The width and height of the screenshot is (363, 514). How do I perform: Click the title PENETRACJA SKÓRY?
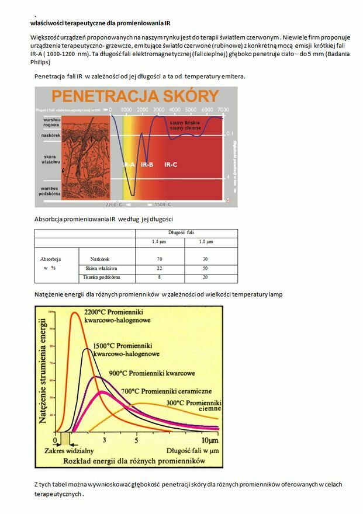(x=136, y=96)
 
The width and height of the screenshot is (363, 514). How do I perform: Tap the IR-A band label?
(x=129, y=165)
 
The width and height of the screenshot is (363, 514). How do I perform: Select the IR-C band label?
(x=171, y=165)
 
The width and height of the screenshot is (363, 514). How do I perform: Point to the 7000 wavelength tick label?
(x=222, y=110)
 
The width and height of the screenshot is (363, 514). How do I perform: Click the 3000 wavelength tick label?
(x=158, y=110)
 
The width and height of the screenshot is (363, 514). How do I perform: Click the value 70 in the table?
(x=159, y=258)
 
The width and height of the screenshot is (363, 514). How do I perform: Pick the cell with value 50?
(x=204, y=268)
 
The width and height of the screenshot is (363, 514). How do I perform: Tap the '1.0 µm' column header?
(x=205, y=242)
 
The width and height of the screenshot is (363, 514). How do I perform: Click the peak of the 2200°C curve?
(x=74, y=313)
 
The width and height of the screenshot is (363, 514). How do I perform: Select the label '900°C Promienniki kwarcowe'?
(x=152, y=373)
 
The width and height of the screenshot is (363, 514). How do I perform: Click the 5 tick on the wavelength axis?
(x=137, y=439)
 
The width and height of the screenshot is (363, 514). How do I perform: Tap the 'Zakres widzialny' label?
(x=68, y=451)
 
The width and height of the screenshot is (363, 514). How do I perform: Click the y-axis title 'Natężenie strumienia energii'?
(x=43, y=370)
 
